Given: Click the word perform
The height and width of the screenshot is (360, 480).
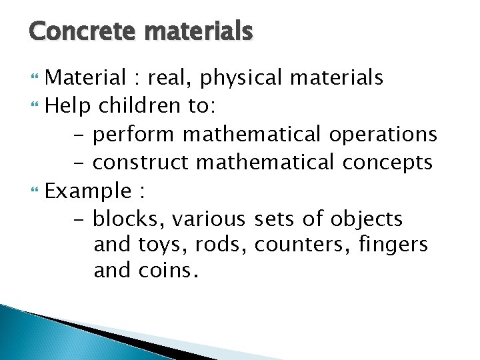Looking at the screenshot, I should click(x=134, y=135).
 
